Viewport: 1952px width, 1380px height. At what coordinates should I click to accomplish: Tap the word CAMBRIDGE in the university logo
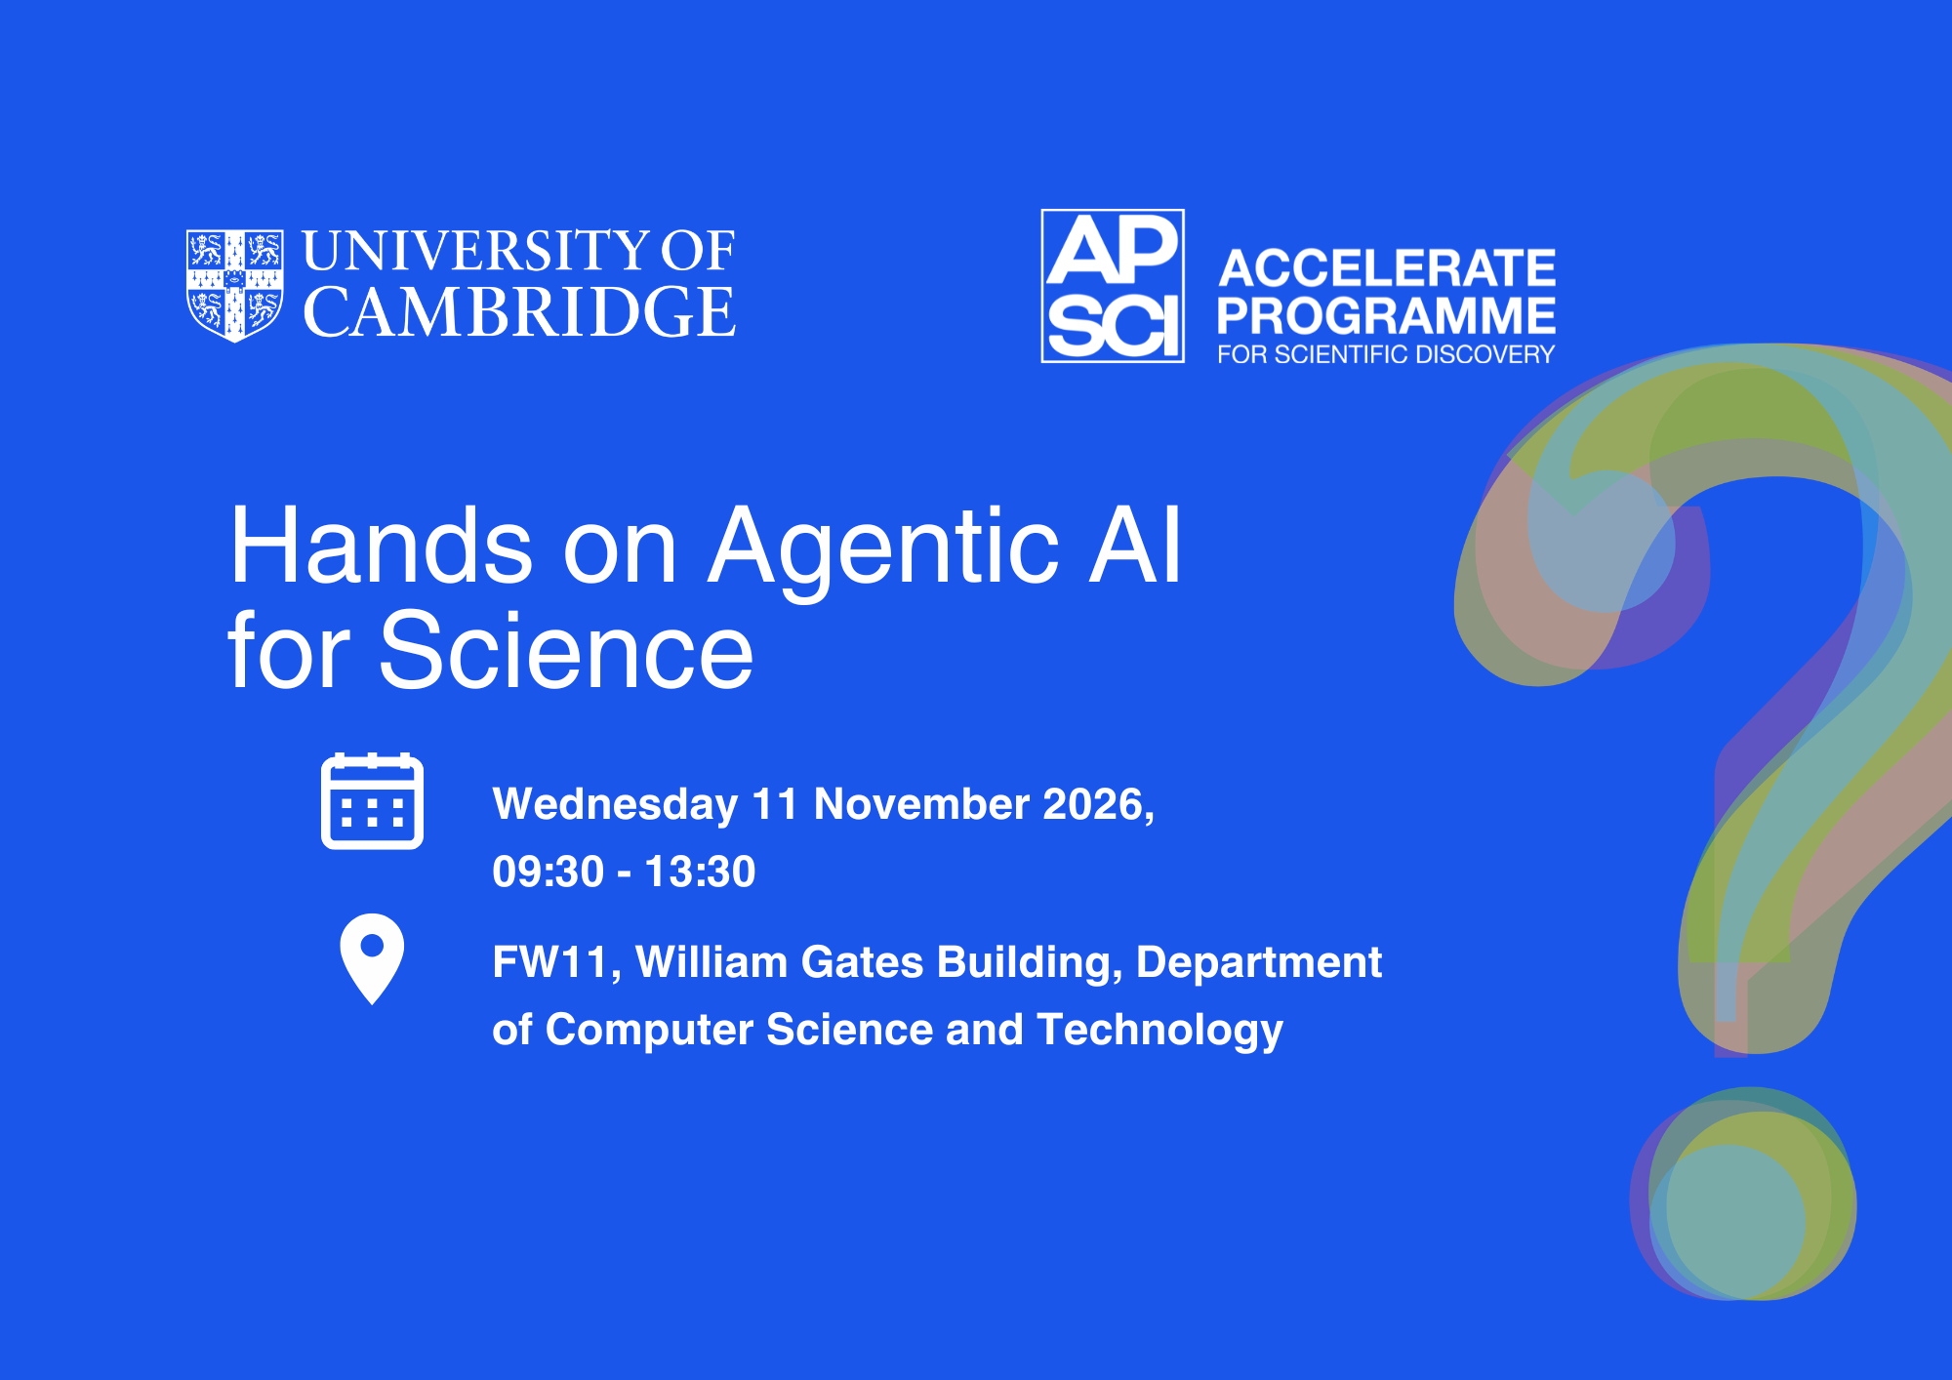coord(519,312)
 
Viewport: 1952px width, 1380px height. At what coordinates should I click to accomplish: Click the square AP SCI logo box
coord(1113,286)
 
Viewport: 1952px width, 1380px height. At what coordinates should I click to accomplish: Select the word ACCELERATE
coord(1387,267)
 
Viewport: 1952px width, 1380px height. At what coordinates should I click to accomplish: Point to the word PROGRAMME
coord(1386,315)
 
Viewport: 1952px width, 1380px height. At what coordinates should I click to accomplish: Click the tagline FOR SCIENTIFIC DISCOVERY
coord(1386,354)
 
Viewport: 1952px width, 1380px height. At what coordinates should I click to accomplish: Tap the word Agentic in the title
coord(884,551)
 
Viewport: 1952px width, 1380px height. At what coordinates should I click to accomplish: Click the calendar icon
coord(372,801)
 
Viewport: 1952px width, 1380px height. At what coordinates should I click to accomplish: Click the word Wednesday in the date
coord(615,805)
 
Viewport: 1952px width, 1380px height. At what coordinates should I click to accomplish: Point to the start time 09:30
coord(548,872)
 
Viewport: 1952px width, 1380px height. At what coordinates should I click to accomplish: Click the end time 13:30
coord(701,872)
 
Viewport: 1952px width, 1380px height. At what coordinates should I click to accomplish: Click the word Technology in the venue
coord(1160,1031)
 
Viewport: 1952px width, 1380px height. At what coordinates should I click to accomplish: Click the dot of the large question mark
coord(1743,1194)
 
